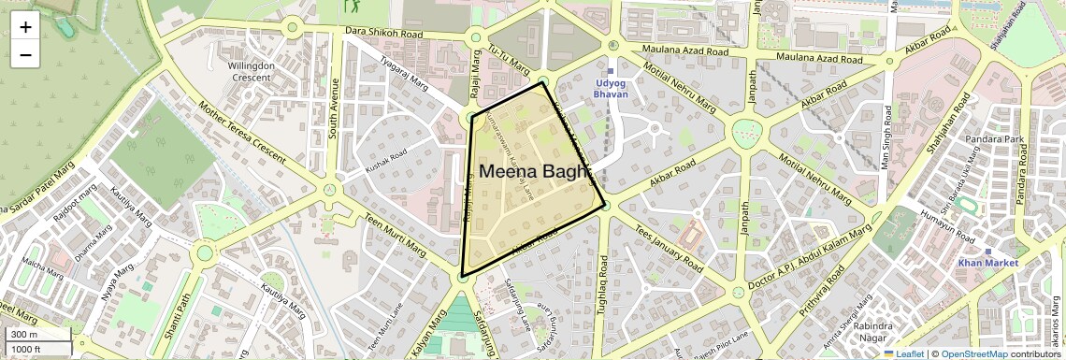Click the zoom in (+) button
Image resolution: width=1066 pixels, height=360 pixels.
tap(25, 27)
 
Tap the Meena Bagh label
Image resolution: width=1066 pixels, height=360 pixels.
tap(536, 172)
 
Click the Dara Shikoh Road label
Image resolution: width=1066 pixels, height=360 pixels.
tap(384, 33)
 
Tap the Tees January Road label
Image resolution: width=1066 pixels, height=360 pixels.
tap(669, 247)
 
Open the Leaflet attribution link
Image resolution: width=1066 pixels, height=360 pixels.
tap(904, 353)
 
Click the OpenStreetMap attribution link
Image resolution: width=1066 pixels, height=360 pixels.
tap(973, 353)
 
